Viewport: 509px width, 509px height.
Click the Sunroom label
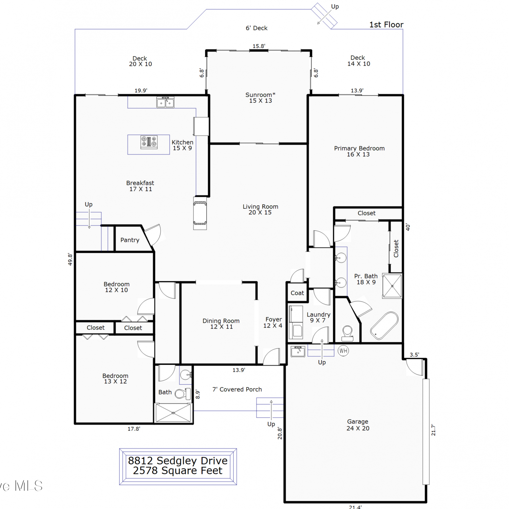[x=260, y=98]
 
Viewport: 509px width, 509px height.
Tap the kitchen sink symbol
[x=165, y=102]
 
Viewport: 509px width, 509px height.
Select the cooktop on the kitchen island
[x=149, y=142]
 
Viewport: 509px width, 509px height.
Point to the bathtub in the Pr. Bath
[x=384, y=326]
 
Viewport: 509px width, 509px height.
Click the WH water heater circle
[x=343, y=351]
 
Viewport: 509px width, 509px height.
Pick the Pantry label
[x=130, y=240]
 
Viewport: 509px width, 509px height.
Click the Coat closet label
[x=297, y=293]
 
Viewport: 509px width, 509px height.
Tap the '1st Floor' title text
[x=386, y=24]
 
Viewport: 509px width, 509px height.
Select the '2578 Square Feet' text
[x=177, y=471]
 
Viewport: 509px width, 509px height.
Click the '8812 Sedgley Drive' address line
[x=178, y=460]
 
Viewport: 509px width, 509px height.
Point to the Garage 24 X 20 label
[x=358, y=425]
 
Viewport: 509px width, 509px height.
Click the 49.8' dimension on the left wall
[x=70, y=259]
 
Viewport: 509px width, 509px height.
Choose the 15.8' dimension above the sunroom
[x=259, y=46]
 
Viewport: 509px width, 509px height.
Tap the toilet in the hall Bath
[x=183, y=394]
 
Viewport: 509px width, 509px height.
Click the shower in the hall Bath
[x=173, y=413]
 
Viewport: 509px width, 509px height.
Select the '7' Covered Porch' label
[x=237, y=389]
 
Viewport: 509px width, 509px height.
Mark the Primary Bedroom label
[x=359, y=151]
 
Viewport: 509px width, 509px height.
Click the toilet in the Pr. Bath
[x=347, y=333]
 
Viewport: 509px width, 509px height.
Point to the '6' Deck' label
[x=257, y=28]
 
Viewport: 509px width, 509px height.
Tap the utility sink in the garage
[x=298, y=351]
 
